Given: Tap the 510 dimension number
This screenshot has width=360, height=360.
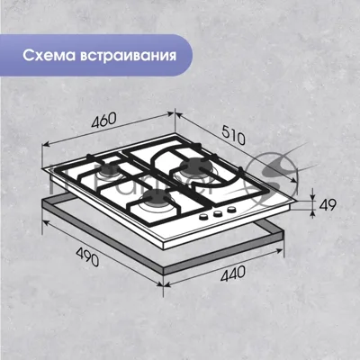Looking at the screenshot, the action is coord(233,135).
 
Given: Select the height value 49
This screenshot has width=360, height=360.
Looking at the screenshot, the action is coord(328,205).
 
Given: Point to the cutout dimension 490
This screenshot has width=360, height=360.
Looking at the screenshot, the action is coord(87,256).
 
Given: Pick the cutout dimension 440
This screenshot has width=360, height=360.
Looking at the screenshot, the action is coord(233,274).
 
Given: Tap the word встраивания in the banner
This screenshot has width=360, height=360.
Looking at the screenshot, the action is coord(128,56).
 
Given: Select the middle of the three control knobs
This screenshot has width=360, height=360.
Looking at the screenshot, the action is coord(218,213).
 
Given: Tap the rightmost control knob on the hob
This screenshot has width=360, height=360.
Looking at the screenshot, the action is coord(231,210).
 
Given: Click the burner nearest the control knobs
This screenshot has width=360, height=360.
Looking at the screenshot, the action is coord(157,199).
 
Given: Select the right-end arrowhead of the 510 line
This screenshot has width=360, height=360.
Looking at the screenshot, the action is coord(294,180).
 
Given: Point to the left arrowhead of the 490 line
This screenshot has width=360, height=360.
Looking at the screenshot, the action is coord(46,223).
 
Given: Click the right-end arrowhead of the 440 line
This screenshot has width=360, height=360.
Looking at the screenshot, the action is coord(280,251).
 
